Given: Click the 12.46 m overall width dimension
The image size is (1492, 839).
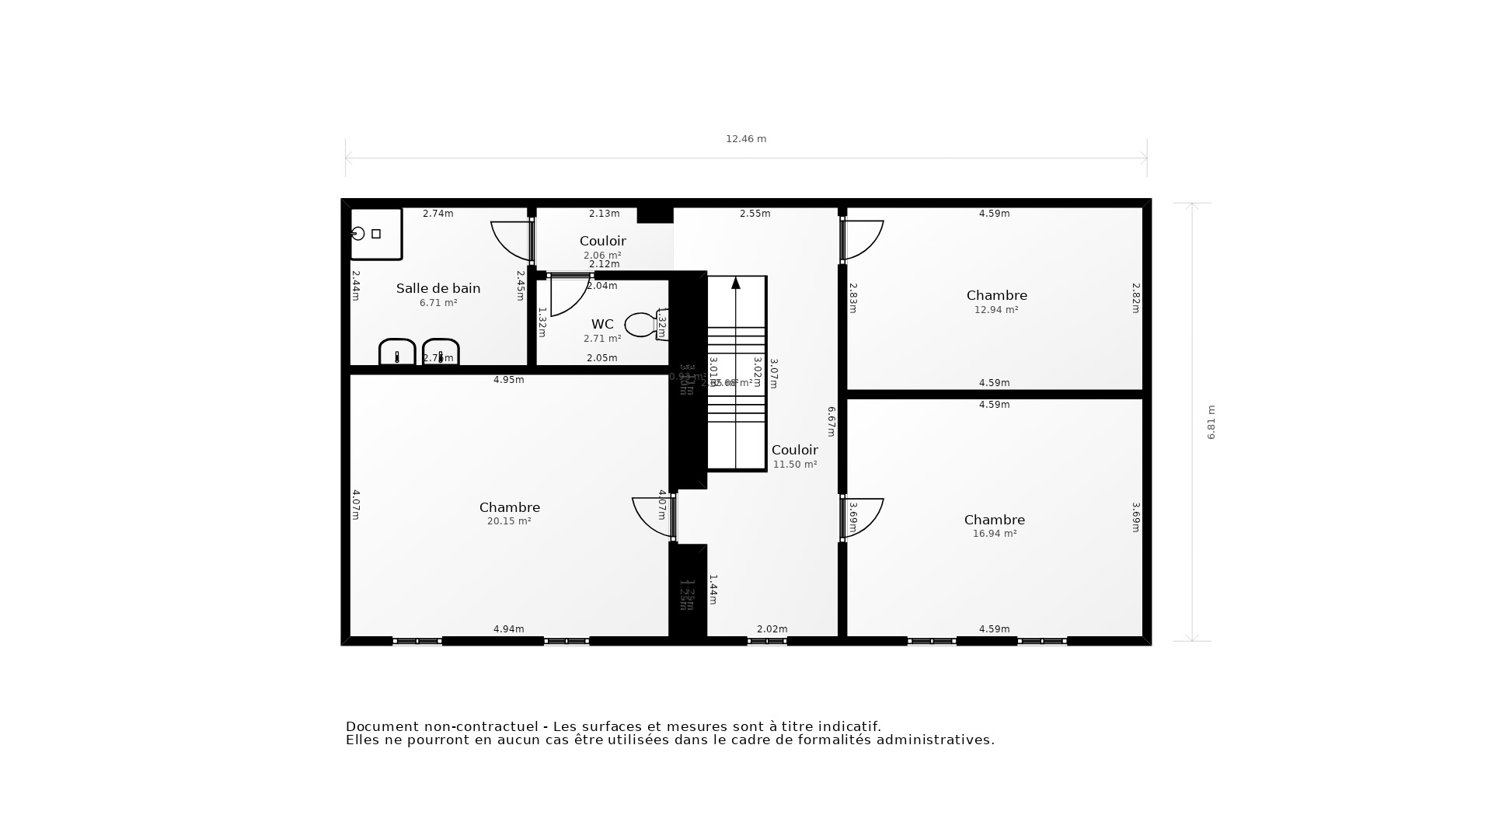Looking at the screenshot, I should point(746,139).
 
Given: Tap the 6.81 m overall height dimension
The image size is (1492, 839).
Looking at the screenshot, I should point(1211,422).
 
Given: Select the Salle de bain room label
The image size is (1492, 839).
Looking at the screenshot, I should point(438,288).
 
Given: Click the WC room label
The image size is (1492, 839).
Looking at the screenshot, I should point(602,324).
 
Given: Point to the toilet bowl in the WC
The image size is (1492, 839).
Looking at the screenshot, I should point(641,325).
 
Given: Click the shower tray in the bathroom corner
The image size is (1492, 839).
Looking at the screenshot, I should point(376,234).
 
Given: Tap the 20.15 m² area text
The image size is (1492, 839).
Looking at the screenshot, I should point(509,521).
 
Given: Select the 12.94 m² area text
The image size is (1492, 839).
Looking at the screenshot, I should point(996,309).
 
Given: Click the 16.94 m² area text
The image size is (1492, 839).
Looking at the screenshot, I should point(995,534).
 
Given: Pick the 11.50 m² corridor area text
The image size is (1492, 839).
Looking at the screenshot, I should point(795,465).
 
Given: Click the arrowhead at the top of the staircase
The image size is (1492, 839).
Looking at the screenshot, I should point(736,283).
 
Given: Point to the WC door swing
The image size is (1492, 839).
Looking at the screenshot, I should point(568,296).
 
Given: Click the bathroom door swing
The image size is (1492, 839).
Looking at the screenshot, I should point(510,240).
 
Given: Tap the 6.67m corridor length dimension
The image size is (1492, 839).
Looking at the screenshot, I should point(831,421).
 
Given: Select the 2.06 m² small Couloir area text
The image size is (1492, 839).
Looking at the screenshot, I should point(602,256).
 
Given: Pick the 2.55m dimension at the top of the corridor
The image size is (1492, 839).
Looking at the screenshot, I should point(755,214).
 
